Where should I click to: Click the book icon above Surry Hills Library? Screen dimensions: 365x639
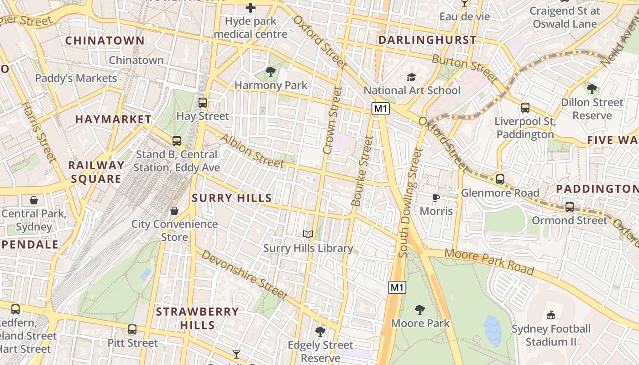(x=309, y=235)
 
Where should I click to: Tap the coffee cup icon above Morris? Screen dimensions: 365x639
(x=436, y=198)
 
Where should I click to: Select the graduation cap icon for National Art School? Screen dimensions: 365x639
(x=412, y=77)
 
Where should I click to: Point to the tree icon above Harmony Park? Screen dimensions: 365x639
(x=271, y=71)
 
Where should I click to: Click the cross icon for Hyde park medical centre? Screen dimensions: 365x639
(x=251, y=8)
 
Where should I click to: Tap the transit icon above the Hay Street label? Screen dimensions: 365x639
(x=203, y=103)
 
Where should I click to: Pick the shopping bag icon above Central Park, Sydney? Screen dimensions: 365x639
(x=34, y=200)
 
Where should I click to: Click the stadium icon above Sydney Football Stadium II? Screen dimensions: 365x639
(x=551, y=315)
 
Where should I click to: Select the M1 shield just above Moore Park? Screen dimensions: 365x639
(x=397, y=287)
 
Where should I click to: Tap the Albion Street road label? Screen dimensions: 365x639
(x=252, y=151)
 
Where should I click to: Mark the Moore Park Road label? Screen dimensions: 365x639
(x=489, y=262)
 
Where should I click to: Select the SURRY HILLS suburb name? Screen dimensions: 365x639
(x=232, y=198)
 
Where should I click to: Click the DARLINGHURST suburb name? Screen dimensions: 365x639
(x=427, y=40)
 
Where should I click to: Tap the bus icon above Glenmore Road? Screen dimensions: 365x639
(x=500, y=179)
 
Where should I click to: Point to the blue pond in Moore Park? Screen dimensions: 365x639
(x=493, y=330)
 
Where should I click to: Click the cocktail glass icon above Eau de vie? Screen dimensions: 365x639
(x=464, y=4)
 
